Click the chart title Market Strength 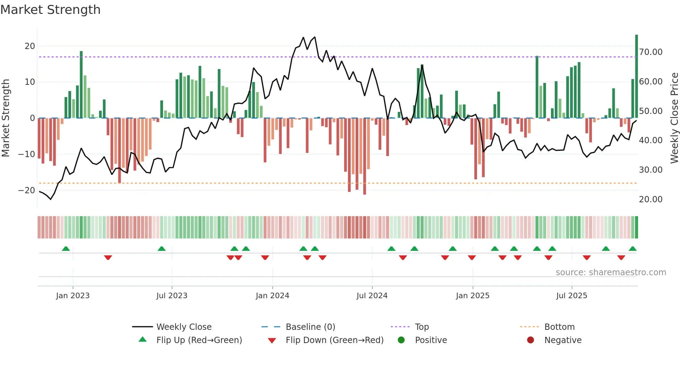[x=51, y=10]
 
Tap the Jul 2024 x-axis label [x=372, y=296]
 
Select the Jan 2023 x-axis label [x=73, y=296]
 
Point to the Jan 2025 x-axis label [x=473, y=296]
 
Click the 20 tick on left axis [x=30, y=46]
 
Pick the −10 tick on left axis [x=27, y=154]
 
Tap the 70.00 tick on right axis [x=651, y=52]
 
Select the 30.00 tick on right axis [x=651, y=170]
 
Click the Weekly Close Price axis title [x=674, y=118]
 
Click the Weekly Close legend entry [x=184, y=327]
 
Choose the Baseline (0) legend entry [x=310, y=327]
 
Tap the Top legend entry [x=422, y=327]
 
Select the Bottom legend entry [x=559, y=327]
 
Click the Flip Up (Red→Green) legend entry [x=199, y=340]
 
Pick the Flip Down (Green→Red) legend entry [x=334, y=340]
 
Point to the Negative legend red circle [x=530, y=340]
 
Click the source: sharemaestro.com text [x=611, y=272]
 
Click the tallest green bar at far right [x=637, y=76]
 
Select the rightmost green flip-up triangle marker [x=632, y=249]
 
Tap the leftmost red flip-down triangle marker [x=108, y=258]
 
